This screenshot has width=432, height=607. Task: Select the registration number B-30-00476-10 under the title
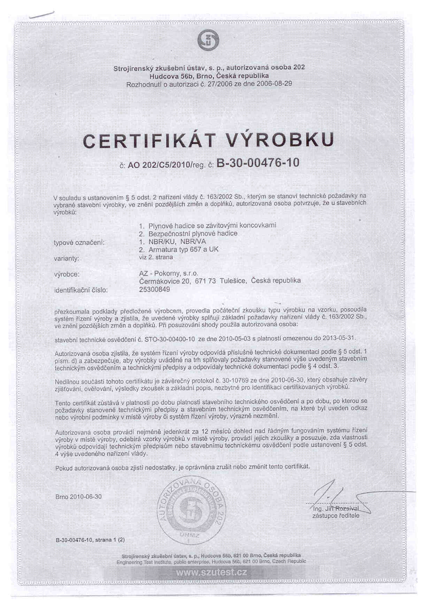pos(258,163)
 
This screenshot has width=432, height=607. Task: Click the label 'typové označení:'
pos(79,243)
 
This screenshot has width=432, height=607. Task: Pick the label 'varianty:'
pos(67,259)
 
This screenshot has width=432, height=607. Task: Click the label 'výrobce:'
pos(67,274)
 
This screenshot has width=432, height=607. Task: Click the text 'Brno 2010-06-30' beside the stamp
pos(78,497)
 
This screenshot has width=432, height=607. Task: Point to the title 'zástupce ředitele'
pos(336,516)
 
